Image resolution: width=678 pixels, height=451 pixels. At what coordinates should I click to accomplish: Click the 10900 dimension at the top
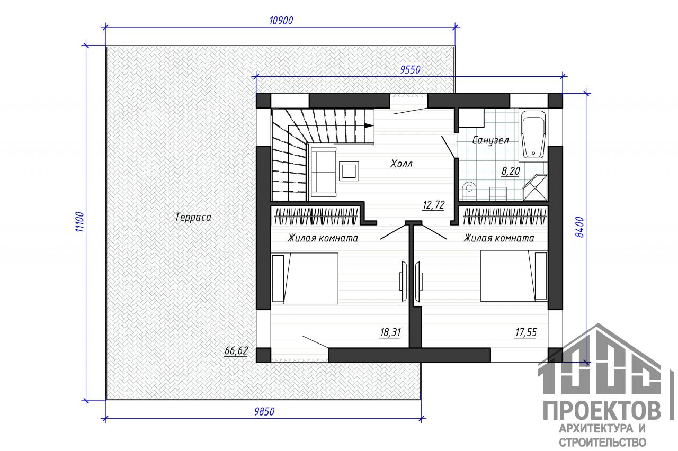click(x=281, y=21)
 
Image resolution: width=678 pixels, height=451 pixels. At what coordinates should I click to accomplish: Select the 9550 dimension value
click(x=410, y=70)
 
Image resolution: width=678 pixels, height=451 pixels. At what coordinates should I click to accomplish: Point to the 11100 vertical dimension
click(x=79, y=222)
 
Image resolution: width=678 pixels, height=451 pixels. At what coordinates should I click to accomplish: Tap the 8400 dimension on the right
click(x=579, y=227)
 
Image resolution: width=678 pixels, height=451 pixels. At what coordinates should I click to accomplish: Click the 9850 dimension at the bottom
click(x=264, y=412)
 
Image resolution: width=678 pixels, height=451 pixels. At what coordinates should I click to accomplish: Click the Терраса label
click(x=193, y=217)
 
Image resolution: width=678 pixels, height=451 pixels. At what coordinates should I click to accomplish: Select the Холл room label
click(x=402, y=164)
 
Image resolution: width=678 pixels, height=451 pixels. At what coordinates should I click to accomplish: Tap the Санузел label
click(x=490, y=140)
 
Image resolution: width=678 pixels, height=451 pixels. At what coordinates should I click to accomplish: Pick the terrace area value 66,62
click(x=236, y=350)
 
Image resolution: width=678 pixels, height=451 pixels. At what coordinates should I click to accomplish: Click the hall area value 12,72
click(x=433, y=205)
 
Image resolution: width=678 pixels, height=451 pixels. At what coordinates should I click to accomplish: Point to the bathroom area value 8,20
click(x=511, y=171)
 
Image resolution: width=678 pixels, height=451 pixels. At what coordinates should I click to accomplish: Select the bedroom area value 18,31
click(x=390, y=332)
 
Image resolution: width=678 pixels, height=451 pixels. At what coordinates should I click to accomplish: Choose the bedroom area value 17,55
click(x=526, y=332)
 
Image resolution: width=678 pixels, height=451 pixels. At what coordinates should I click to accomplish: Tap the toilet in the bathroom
click(x=469, y=191)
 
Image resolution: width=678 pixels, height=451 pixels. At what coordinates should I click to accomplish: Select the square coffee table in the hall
click(x=349, y=171)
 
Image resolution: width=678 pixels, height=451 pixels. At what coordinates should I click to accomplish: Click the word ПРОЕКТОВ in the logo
click(x=602, y=411)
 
